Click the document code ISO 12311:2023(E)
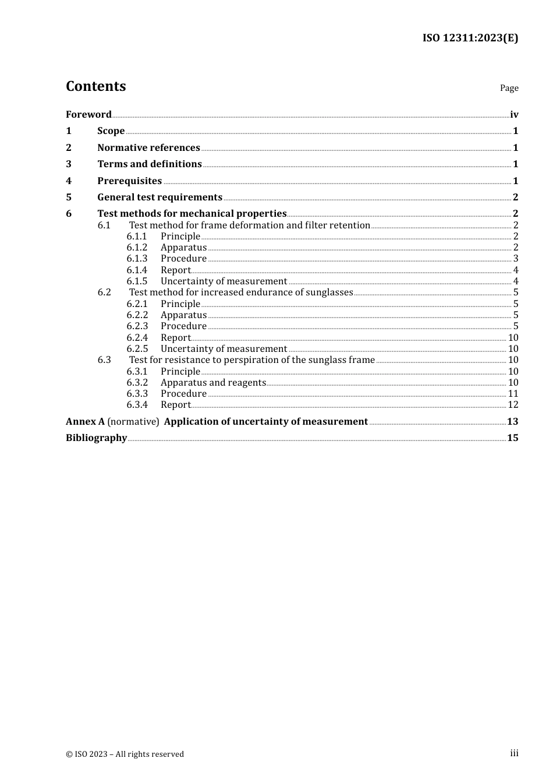pos(470,38)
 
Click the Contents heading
pos(95,86)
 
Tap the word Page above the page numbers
pos(509,88)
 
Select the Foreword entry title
pos(88,114)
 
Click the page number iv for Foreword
pos(514,115)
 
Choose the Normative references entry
pos(148,147)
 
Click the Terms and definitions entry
pos(150,164)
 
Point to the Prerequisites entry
pos(129,181)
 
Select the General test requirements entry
pos(159,197)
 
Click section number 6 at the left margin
pos(69,214)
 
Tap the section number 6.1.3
pos(137,259)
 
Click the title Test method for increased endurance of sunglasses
pos(241,292)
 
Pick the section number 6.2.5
pos(137,349)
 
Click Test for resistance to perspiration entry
pos(251,360)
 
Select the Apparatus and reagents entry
pos(213,383)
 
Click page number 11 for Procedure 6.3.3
pos(513,394)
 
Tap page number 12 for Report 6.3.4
pos(513,405)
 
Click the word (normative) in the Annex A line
pos(133,422)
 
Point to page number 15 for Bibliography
pos(512,438)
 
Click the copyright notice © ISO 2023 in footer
pos(125,754)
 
